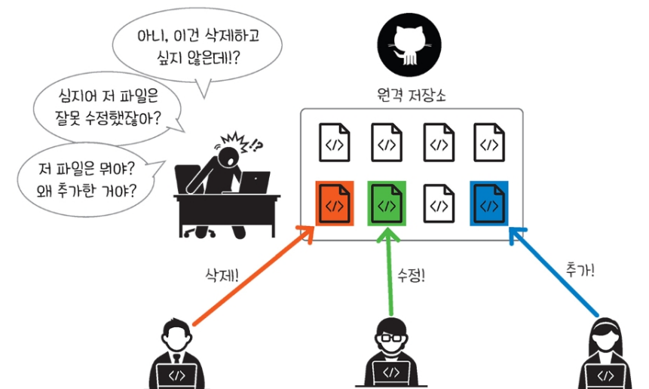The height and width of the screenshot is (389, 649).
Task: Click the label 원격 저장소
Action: click(410, 96)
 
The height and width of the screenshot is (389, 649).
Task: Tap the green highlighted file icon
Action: click(387, 204)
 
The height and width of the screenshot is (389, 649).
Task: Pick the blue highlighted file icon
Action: click(489, 204)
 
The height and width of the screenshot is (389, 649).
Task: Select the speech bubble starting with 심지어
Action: click(110, 107)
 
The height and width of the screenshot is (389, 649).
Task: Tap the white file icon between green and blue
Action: click(438, 204)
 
